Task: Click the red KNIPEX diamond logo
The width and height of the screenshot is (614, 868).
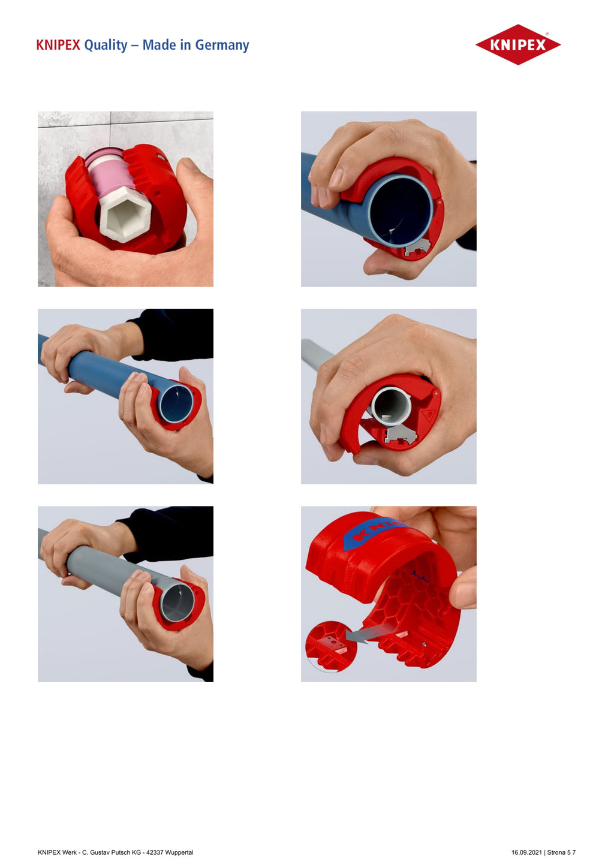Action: tap(517, 44)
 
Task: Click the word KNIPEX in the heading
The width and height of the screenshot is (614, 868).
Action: tap(58, 45)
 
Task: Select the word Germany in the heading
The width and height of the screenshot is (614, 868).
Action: tap(222, 46)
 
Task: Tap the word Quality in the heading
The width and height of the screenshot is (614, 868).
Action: tap(106, 46)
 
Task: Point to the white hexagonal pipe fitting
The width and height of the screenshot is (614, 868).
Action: tap(125, 213)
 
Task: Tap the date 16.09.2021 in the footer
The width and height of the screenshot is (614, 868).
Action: tap(526, 852)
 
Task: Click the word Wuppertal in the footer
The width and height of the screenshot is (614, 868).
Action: tap(179, 852)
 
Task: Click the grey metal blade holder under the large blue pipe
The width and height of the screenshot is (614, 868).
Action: tap(417, 247)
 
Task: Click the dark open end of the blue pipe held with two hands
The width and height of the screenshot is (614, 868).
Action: tap(176, 403)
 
